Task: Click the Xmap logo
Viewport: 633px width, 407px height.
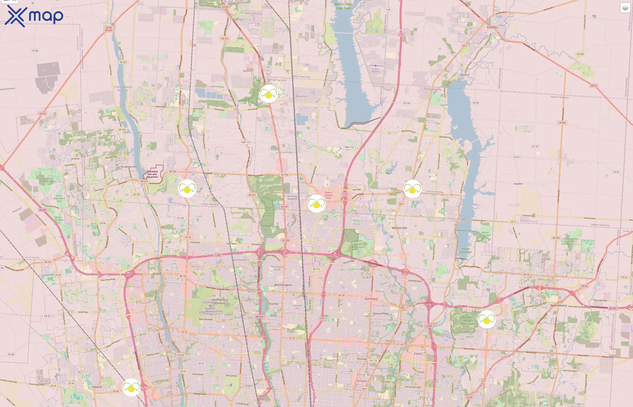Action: click(x=34, y=16)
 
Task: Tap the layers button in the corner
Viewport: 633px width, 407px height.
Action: click(x=625, y=8)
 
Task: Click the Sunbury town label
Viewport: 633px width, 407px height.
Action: click(x=492, y=27)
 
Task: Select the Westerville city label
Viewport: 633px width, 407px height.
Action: click(x=399, y=228)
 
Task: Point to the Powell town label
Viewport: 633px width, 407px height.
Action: click(x=208, y=173)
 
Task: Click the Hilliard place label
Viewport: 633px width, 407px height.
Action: click(x=97, y=387)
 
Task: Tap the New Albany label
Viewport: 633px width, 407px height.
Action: click(x=558, y=305)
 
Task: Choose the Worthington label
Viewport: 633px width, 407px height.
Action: click(x=283, y=285)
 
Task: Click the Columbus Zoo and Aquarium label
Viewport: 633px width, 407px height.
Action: click(x=152, y=174)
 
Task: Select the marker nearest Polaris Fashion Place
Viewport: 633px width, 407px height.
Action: click(x=316, y=203)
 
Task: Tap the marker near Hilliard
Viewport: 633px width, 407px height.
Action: click(x=131, y=387)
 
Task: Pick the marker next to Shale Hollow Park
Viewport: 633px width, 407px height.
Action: click(x=268, y=94)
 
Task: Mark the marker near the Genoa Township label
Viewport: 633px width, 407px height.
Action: click(x=412, y=189)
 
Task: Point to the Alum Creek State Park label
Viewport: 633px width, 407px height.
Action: click(x=343, y=6)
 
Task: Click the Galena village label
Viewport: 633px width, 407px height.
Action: click(x=465, y=75)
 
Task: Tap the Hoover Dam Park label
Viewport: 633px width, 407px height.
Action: click(x=465, y=250)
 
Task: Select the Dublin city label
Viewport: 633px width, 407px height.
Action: click(x=157, y=274)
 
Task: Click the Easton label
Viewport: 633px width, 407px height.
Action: click(x=418, y=354)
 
